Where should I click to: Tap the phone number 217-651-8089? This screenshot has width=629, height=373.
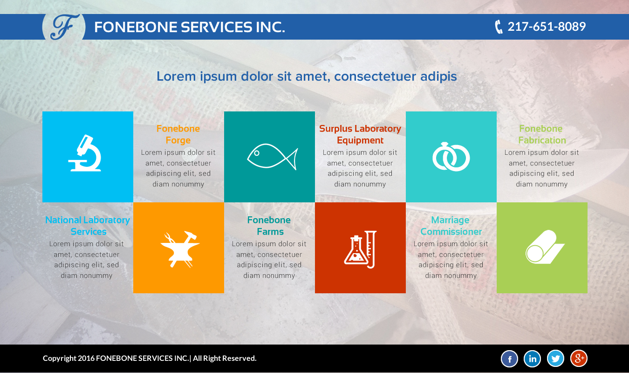point(547,27)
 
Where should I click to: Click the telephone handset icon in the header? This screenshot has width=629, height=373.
point(499,27)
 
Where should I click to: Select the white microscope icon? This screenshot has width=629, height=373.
point(85,153)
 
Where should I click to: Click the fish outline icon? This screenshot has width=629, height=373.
point(272,157)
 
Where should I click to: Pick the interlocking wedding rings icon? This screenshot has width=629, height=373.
point(451,157)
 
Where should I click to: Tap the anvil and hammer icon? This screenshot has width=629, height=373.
point(180,249)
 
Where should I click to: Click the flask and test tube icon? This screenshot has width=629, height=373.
point(360,249)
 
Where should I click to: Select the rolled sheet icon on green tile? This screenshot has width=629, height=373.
point(545,247)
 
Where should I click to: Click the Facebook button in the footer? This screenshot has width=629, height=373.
point(509,359)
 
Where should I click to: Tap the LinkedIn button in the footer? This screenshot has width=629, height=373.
point(533,359)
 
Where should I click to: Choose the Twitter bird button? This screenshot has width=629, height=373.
point(555,359)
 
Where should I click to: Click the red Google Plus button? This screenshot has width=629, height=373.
point(579,359)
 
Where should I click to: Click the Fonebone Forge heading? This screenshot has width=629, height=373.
point(178,134)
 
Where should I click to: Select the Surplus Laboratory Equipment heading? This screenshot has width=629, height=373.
point(360,134)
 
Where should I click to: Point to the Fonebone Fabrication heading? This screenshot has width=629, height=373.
point(542,134)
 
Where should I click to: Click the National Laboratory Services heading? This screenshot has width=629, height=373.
point(88,226)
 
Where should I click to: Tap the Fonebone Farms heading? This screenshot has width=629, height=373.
point(269,226)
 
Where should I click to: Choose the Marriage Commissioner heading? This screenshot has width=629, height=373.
point(451,226)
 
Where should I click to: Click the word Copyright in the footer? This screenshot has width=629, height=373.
point(60,359)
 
